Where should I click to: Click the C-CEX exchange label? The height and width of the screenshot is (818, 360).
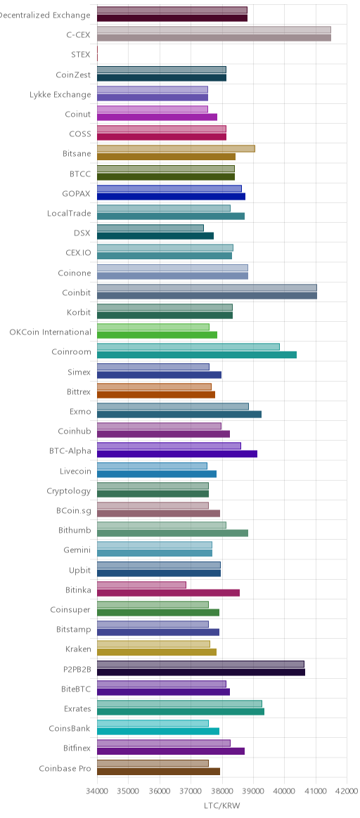pyautogui.click(x=78, y=35)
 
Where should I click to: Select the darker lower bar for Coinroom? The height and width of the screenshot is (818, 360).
pyautogui.click(x=197, y=355)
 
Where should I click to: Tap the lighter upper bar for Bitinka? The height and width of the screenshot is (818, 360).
pyautogui.click(x=141, y=585)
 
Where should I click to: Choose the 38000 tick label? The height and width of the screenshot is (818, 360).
pyautogui.click(x=221, y=791)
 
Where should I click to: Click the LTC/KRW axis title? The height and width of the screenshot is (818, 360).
pyautogui.click(x=222, y=806)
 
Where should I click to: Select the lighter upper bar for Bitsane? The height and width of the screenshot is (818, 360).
pyautogui.click(x=176, y=149)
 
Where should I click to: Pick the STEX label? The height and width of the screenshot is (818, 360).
pyautogui.click(x=81, y=55)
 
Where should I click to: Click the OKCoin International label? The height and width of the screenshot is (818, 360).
pyautogui.click(x=50, y=332)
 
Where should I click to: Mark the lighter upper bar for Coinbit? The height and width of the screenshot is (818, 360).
pyautogui.click(x=207, y=287)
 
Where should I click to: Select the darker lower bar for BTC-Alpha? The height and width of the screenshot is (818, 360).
pyautogui.click(x=177, y=454)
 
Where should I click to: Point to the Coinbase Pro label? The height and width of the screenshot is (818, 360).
pyautogui.click(x=65, y=768)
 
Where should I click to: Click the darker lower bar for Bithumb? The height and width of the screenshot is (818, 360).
pyautogui.click(x=172, y=533)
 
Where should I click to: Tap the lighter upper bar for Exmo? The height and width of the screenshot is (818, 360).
pyautogui.click(x=173, y=406)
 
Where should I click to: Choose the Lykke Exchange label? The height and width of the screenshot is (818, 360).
pyautogui.click(x=60, y=94)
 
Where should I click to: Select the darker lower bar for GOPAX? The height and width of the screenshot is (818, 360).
pyautogui.click(x=171, y=196)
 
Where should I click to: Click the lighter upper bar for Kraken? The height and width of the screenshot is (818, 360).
pyautogui.click(x=153, y=644)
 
